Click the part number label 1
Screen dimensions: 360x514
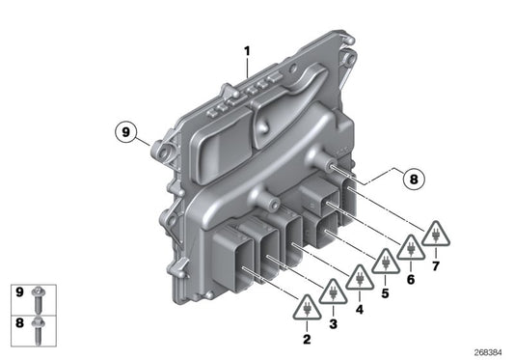(x=246, y=50)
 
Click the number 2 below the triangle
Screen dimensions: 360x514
(x=308, y=339)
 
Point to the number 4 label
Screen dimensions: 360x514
(x=361, y=311)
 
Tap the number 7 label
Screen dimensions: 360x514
(x=437, y=263)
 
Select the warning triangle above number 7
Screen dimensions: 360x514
(x=437, y=234)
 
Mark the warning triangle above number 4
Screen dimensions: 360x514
(x=360, y=280)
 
